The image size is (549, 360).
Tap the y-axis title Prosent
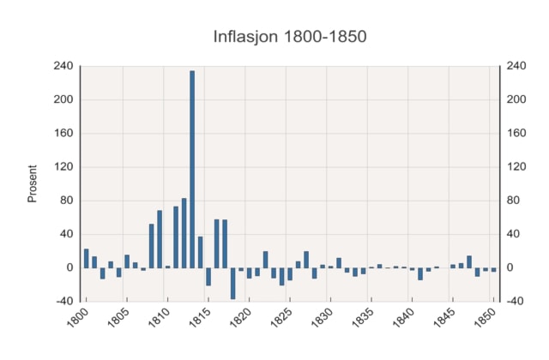coord(33,183)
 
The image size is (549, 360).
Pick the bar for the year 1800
coord(87,258)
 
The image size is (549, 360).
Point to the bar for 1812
coord(184,233)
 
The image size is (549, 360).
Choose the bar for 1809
coord(160,239)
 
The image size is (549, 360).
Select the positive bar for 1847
coord(469,261)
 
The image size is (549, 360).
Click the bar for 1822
coord(265,259)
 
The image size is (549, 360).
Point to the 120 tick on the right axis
coord(516,167)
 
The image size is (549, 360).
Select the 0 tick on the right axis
coord(511,268)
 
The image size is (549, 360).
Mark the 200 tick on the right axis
coord(516,99)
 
